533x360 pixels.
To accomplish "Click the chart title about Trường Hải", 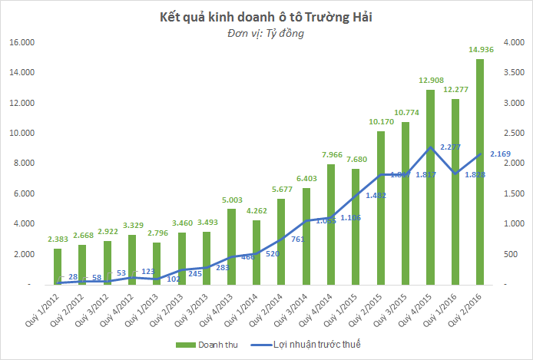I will [266, 16].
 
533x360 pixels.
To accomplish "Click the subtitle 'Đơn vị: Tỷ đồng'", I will [266, 34].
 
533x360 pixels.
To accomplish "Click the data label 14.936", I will [481, 50].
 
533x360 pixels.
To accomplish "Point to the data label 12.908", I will [431, 81].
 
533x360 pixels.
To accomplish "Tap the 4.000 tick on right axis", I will [513, 42].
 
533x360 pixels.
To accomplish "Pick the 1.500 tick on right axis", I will [513, 193].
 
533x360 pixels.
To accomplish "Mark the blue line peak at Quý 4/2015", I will [430, 147].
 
